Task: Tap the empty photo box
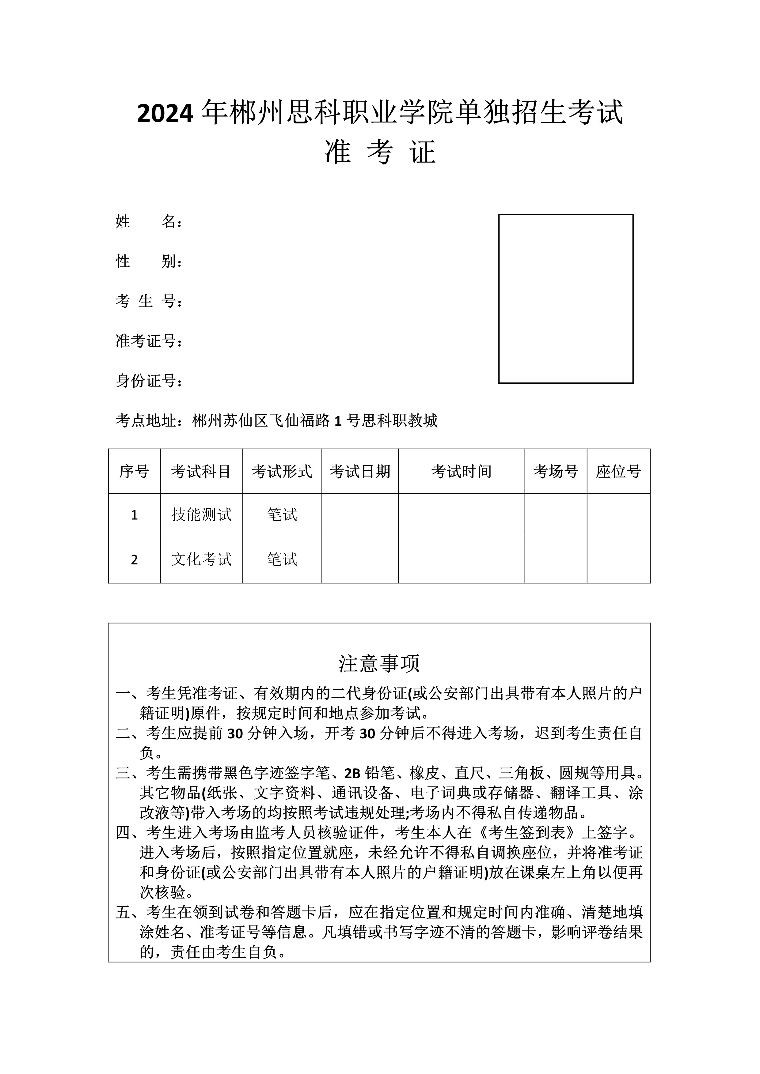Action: point(565,299)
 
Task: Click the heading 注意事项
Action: point(379,663)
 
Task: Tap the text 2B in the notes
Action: point(352,773)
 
